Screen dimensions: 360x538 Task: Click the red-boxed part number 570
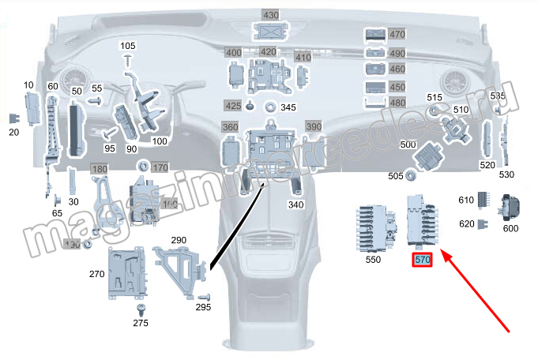point(422,260)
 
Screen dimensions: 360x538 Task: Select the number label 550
point(372,259)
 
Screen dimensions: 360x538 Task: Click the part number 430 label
point(270,15)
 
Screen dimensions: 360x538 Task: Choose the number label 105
point(128,47)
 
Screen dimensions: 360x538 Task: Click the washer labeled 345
point(269,107)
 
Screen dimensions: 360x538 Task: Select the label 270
point(97,274)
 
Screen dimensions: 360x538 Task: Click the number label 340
point(296,204)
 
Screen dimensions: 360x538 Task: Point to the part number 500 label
point(408,145)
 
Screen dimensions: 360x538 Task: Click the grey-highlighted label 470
point(397,35)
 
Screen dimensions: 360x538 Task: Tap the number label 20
point(13,132)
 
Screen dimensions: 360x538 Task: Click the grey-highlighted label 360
point(230,127)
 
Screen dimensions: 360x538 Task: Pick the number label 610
point(466,201)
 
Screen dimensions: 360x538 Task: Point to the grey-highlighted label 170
point(160,167)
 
